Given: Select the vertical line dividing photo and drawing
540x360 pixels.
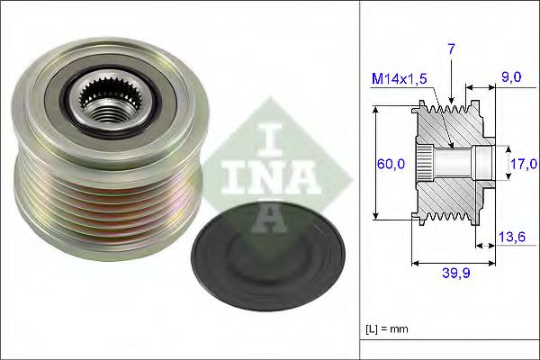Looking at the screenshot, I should pyautogui.click(x=359, y=180).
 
